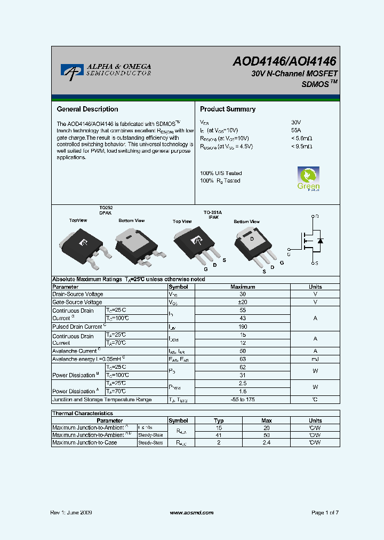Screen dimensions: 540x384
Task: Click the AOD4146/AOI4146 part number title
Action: [284, 62]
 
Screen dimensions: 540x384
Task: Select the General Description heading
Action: [87, 109]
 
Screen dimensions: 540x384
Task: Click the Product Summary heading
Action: [227, 109]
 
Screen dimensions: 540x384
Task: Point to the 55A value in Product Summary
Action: [296, 130]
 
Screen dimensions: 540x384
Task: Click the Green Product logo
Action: [308, 179]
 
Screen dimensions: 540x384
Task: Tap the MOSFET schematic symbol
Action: [311, 240]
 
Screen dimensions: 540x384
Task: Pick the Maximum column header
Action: [243, 287]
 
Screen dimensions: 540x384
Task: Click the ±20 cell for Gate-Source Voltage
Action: [243, 302]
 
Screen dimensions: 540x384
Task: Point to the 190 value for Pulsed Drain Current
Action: [243, 327]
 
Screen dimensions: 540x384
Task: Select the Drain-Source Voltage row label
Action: [78, 294]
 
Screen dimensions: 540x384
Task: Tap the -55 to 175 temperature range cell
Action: [243, 400]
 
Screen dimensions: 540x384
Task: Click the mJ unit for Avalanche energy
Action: [315, 359]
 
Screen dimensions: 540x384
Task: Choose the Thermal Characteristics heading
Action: [83, 413]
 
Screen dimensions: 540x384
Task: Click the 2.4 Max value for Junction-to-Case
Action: [267, 442]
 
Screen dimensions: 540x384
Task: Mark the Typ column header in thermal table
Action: [219, 420]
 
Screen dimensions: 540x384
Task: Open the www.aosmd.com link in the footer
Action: [191, 512]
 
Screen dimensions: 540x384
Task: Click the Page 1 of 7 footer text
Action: [325, 512]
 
